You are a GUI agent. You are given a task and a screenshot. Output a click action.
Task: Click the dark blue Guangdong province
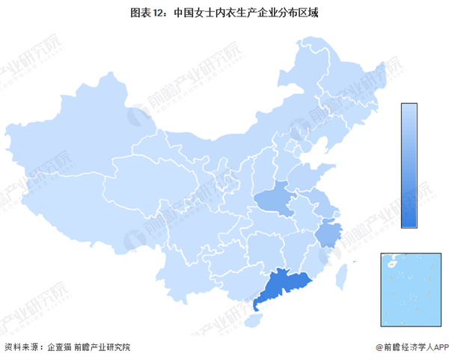pyautogui.click(x=280, y=285)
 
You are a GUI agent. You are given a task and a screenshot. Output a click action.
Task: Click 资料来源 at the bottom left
pyautogui.click(x=20, y=347)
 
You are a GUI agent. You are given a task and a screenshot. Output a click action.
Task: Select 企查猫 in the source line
pyautogui.click(x=58, y=347)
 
